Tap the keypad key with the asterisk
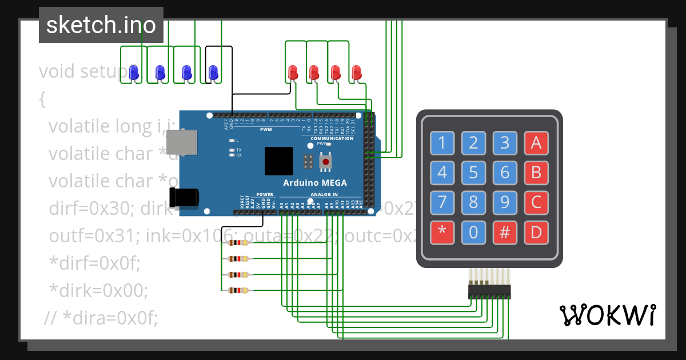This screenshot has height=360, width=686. [x=442, y=233]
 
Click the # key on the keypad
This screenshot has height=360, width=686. [x=505, y=233]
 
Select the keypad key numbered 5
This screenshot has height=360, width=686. [x=473, y=172]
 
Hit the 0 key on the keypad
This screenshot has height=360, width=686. [x=473, y=233]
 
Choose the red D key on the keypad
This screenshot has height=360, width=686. [x=536, y=233]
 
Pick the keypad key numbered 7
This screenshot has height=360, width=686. [x=442, y=202]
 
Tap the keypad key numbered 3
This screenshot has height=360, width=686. [x=505, y=142]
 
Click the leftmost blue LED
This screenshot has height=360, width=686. [x=134, y=73]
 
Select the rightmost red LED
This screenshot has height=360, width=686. [x=357, y=73]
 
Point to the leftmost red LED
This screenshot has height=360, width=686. [x=293, y=73]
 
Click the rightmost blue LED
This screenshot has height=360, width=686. [x=213, y=73]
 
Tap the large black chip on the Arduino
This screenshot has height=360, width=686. [x=279, y=161]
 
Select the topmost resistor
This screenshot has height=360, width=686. [x=238, y=243]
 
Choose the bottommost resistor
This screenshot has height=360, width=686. [x=238, y=290]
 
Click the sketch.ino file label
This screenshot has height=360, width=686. [x=101, y=25]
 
